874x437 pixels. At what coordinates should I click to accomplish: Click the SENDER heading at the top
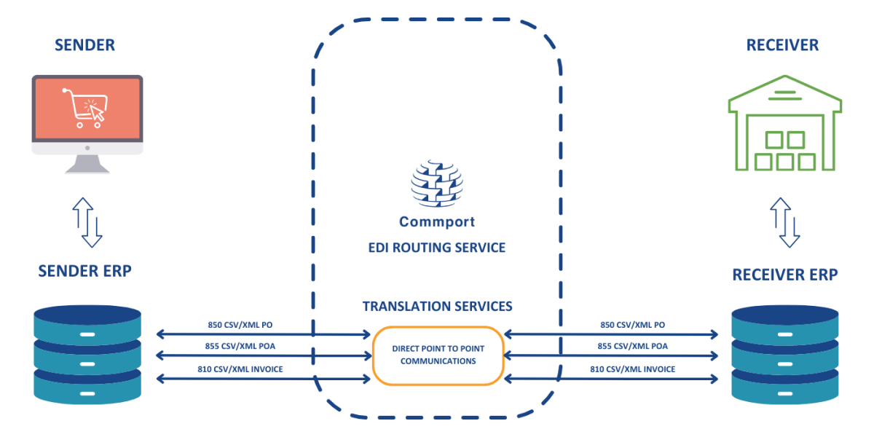(x=84, y=45)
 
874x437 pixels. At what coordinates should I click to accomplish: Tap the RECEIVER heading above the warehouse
(x=782, y=45)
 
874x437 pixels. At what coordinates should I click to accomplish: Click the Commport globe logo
(x=437, y=182)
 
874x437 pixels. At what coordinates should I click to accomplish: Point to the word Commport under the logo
(x=437, y=221)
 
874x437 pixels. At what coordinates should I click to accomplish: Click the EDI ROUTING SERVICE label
(x=437, y=248)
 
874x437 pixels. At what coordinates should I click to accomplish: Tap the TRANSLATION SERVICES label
(x=437, y=307)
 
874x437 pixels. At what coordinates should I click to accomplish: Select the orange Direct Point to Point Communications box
(x=438, y=355)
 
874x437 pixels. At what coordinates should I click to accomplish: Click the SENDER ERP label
(x=85, y=272)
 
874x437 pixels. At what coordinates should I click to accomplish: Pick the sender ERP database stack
(x=87, y=354)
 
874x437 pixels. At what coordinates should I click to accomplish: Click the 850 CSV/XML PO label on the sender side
(x=240, y=325)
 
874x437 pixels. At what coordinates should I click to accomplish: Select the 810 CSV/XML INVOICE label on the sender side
(x=240, y=369)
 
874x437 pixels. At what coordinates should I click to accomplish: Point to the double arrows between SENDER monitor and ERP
(x=87, y=222)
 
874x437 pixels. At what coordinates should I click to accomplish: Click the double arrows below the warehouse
(x=785, y=222)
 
